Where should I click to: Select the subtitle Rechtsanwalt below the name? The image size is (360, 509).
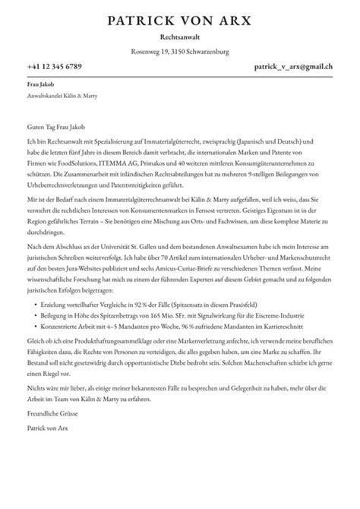point(180,36)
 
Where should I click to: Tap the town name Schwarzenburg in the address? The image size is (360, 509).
point(206,52)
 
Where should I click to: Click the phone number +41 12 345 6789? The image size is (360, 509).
point(53,67)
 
